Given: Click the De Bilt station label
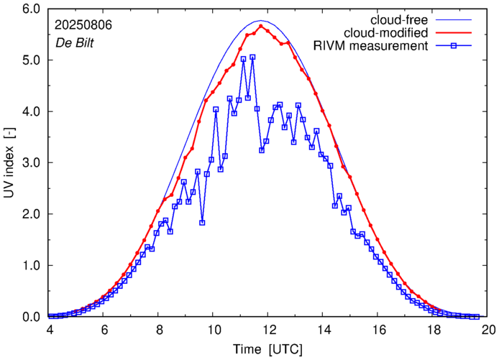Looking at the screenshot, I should point(74,42).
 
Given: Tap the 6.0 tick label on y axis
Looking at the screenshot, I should point(29,9).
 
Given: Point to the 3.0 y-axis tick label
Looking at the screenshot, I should point(29,163).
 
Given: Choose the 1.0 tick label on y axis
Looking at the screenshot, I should point(29,266).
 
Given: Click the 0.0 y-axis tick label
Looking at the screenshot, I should point(29,317).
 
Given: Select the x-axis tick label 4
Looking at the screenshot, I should point(49,330).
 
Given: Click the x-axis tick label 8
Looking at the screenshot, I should point(159,330).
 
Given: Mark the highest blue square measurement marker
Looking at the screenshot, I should point(252,57).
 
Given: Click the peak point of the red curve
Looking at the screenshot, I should point(261,26).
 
